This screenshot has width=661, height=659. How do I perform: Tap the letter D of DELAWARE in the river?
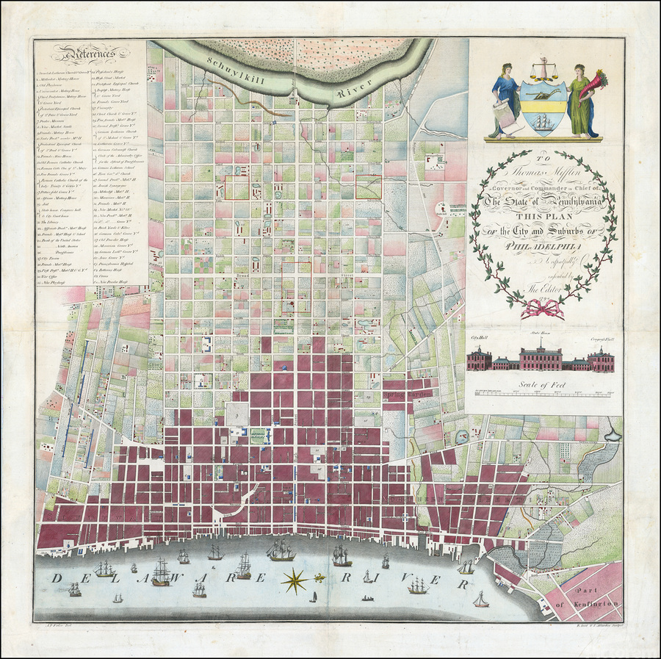[57, 579]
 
